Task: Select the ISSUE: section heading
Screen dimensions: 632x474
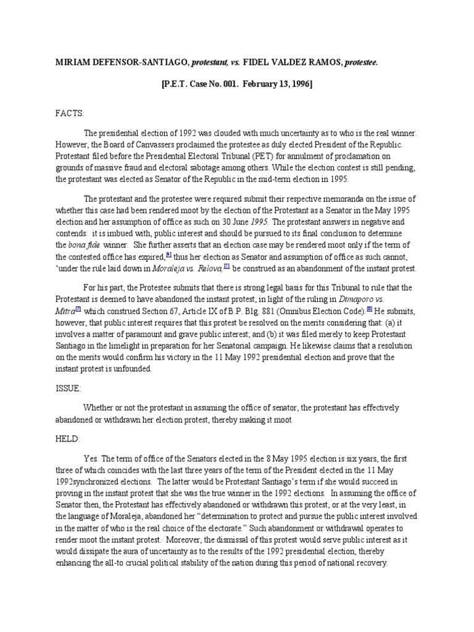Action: [68, 390]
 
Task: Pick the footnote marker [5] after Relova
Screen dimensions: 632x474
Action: [227, 266]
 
